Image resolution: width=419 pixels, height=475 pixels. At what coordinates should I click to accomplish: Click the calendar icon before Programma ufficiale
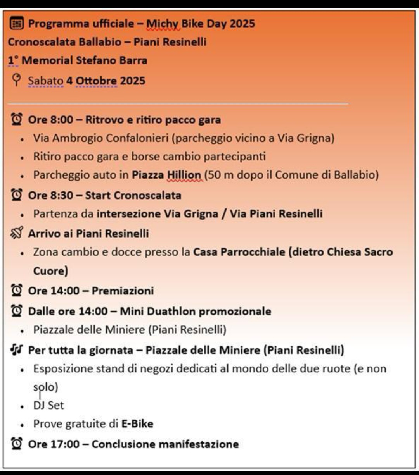16,24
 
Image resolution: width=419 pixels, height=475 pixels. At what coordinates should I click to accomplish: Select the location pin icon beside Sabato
16,80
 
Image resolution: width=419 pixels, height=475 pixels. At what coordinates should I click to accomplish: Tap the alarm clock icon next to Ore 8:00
17,119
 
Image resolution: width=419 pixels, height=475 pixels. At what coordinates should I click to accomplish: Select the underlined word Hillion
184,175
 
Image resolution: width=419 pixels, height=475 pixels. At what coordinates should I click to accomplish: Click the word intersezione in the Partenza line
128,214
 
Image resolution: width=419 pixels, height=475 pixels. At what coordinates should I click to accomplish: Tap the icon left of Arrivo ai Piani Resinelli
17,233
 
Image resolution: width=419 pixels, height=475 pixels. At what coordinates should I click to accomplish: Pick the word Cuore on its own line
50,271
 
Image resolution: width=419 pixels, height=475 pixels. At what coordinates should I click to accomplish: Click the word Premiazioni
123,291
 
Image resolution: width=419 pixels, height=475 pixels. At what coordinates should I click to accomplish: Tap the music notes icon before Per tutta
17,350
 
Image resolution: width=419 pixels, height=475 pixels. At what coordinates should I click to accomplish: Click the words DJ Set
48,406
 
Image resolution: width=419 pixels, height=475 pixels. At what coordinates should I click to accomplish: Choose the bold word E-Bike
137,424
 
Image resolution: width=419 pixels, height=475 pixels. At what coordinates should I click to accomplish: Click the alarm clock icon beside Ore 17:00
17,444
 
